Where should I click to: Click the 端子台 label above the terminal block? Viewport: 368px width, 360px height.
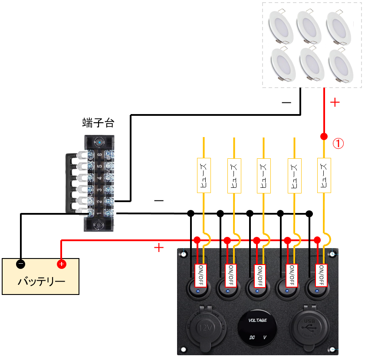(98, 123)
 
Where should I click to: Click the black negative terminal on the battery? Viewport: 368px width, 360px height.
(20, 264)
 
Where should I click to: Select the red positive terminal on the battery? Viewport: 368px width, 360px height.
(61, 264)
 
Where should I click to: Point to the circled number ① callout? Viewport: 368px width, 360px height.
(338, 143)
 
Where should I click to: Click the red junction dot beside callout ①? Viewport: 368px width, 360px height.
(323, 137)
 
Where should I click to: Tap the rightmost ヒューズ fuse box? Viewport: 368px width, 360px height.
(324, 175)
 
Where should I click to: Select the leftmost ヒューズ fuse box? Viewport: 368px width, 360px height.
(204, 175)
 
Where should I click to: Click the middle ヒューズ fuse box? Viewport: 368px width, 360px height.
(263, 175)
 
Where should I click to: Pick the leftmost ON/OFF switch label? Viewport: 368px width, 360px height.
(200, 275)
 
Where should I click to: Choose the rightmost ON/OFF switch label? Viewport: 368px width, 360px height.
(321, 275)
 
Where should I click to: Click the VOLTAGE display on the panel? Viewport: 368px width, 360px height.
(257, 329)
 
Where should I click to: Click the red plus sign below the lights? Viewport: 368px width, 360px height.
(335, 102)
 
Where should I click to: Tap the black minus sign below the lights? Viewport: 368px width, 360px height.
(286, 103)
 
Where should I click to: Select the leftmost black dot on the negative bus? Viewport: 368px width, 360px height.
(190, 213)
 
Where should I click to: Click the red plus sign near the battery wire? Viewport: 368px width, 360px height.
(159, 248)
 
